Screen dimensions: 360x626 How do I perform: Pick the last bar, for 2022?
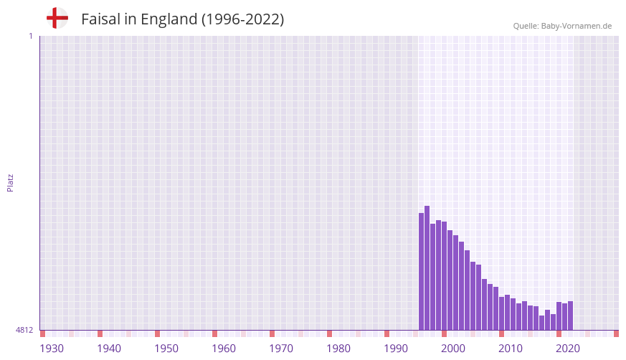pyautogui.click(x=570, y=316)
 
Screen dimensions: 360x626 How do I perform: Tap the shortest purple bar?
pyautogui.click(x=541, y=323)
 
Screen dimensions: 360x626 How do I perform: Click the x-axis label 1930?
pyautogui.click(x=52, y=349)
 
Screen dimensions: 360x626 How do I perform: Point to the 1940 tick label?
pyautogui.click(x=109, y=349)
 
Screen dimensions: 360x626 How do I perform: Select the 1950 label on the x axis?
pyautogui.click(x=166, y=349)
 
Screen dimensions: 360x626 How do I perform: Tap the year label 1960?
pyautogui.click(x=224, y=349)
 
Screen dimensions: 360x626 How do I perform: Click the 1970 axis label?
pyautogui.click(x=281, y=349)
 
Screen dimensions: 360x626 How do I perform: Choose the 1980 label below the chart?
pyautogui.click(x=338, y=349)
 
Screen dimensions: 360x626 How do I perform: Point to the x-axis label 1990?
pyautogui.click(x=396, y=349)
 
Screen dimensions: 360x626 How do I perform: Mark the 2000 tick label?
pyautogui.click(x=453, y=349)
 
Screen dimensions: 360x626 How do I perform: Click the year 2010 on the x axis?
pyautogui.click(x=511, y=349)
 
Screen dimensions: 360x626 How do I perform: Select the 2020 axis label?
pyautogui.click(x=568, y=349)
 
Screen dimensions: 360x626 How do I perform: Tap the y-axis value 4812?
pyautogui.click(x=24, y=330)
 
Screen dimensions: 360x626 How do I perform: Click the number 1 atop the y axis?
pyautogui.click(x=30, y=36)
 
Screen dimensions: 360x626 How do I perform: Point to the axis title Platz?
pyautogui.click(x=10, y=182)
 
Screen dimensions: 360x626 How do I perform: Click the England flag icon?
pyautogui.click(x=57, y=19)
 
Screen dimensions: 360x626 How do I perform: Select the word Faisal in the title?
pyautogui.click(x=100, y=19)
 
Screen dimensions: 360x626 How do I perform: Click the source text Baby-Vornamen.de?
pyautogui.click(x=577, y=26)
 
